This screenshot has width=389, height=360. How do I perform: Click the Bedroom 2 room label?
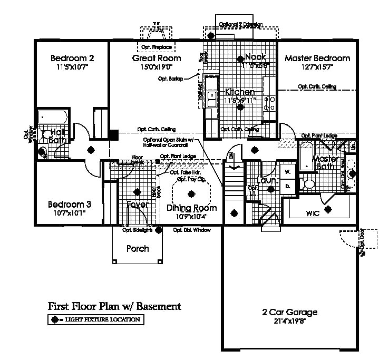(72, 58)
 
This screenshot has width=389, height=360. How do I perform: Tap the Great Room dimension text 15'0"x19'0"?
(156, 67)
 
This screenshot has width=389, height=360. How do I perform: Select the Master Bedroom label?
(317, 58)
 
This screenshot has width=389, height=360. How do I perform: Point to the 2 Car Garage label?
(290, 312)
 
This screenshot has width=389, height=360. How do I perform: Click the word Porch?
(138, 248)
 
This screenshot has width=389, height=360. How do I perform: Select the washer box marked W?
(288, 172)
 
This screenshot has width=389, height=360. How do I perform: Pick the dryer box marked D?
(288, 186)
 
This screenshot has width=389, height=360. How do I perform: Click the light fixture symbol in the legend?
(54, 319)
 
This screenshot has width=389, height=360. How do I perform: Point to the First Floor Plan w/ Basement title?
(114, 306)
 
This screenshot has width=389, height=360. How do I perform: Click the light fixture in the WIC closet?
(328, 209)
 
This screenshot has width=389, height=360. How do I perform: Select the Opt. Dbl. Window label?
(192, 230)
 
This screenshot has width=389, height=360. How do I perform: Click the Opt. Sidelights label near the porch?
(137, 230)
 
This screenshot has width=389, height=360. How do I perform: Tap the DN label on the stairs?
(231, 155)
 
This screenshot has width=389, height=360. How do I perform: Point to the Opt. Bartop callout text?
(170, 79)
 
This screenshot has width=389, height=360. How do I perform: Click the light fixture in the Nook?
(240, 58)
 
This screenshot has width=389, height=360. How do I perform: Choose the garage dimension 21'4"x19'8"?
(290, 321)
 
